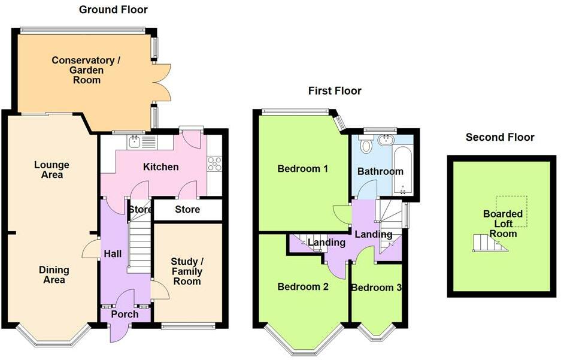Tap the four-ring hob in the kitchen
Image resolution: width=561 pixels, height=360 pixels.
(215, 164)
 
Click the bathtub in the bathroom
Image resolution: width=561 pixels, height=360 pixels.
(403, 170)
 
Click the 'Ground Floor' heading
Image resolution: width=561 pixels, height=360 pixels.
(113, 10)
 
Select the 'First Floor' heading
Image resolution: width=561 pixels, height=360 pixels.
(335, 91)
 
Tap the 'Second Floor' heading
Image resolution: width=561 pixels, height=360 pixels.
(500, 137)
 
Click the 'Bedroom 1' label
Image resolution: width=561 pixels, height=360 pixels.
(303, 168)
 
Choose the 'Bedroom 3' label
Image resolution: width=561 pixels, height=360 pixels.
(377, 288)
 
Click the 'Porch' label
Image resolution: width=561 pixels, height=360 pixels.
(125, 314)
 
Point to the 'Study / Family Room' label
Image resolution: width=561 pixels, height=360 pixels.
(187, 271)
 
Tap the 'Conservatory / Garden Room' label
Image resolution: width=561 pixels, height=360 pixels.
(86, 70)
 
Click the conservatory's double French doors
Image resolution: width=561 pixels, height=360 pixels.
(162, 83)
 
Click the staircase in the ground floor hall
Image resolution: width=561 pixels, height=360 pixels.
(139, 247)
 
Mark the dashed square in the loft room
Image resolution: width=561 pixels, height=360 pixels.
(511, 211)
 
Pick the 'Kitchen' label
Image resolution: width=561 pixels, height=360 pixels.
(160, 167)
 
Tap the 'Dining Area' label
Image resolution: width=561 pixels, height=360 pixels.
(54, 275)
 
